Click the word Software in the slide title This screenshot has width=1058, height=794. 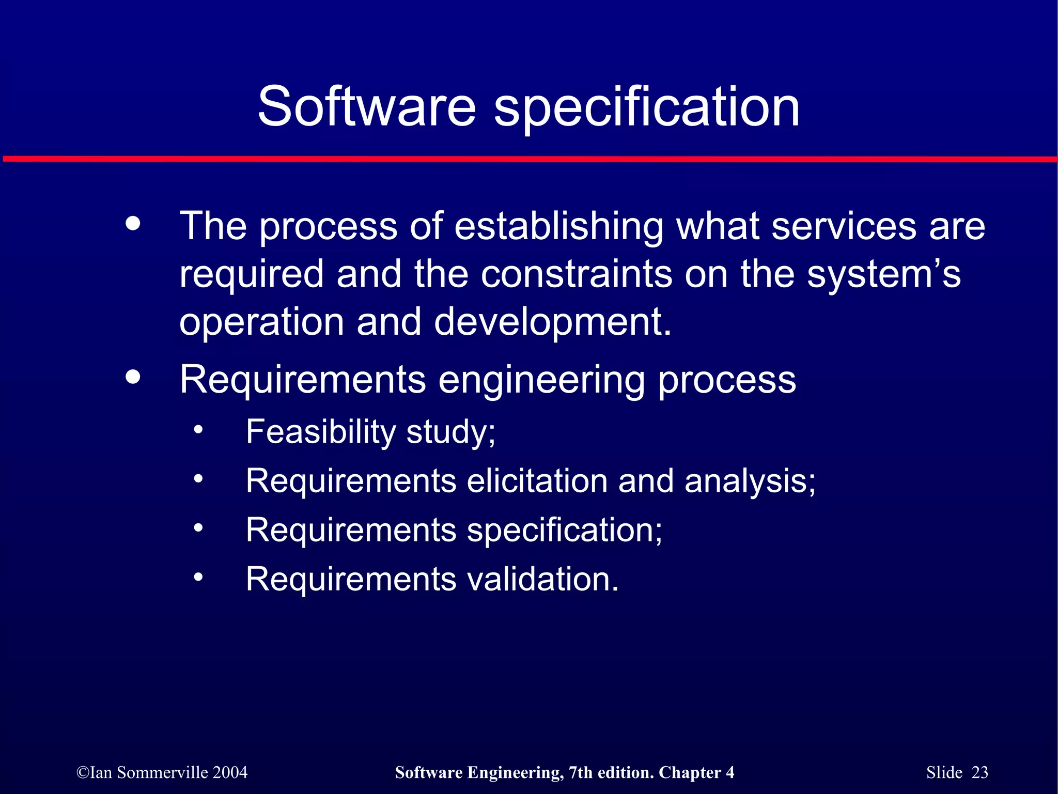(366, 106)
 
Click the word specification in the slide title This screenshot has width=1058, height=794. (647, 106)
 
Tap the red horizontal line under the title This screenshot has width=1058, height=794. (529, 159)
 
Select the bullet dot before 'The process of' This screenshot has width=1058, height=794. (133, 224)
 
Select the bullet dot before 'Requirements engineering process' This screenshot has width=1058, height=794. (133, 377)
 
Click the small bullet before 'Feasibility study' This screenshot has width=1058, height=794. (198, 430)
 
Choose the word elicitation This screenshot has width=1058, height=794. (537, 481)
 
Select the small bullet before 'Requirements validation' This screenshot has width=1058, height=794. (198, 577)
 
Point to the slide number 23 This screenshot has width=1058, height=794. (979, 772)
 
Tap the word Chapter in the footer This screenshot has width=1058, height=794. (690, 772)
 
